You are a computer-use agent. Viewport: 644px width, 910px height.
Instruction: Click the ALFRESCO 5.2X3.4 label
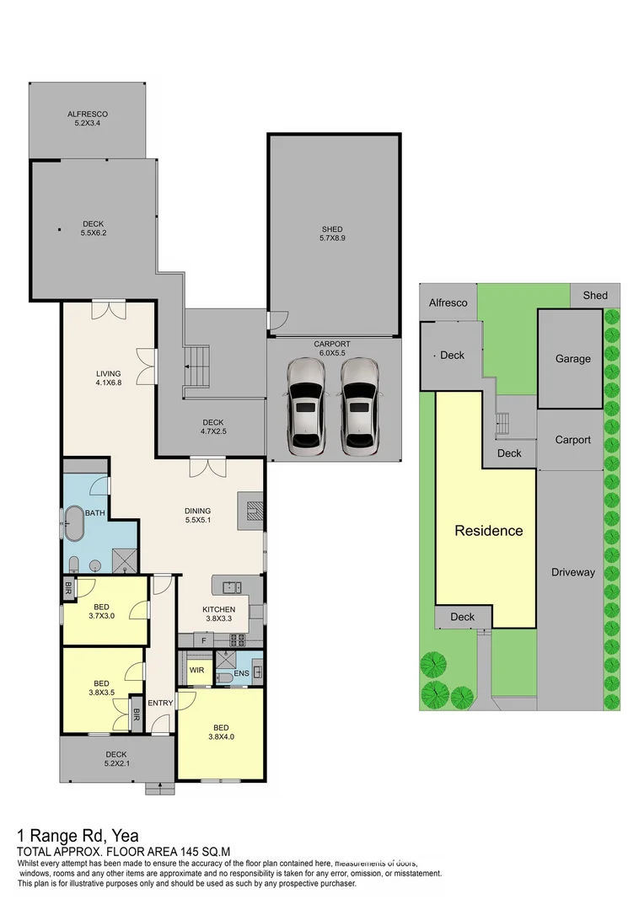tap(88, 119)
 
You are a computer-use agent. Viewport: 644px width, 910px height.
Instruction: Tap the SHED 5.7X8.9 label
tap(333, 234)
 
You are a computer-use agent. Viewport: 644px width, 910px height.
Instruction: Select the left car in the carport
tap(305, 406)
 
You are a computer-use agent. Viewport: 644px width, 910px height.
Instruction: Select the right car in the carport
tap(359, 406)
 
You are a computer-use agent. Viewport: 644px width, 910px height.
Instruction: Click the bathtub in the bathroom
tap(75, 524)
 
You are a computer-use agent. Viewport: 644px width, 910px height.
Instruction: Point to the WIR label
tap(196, 671)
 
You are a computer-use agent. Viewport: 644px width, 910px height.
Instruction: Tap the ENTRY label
tap(160, 703)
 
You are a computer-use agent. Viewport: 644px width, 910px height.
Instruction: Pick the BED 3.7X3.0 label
tap(100, 611)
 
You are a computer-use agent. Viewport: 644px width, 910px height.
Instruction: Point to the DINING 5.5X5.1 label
tap(198, 516)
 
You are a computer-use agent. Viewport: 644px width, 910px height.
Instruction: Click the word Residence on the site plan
tap(488, 531)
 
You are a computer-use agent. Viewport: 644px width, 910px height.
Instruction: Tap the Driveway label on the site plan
tap(573, 572)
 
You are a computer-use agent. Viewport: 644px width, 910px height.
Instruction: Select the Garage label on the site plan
tap(572, 358)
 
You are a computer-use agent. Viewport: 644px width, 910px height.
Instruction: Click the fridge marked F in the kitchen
tap(203, 640)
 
